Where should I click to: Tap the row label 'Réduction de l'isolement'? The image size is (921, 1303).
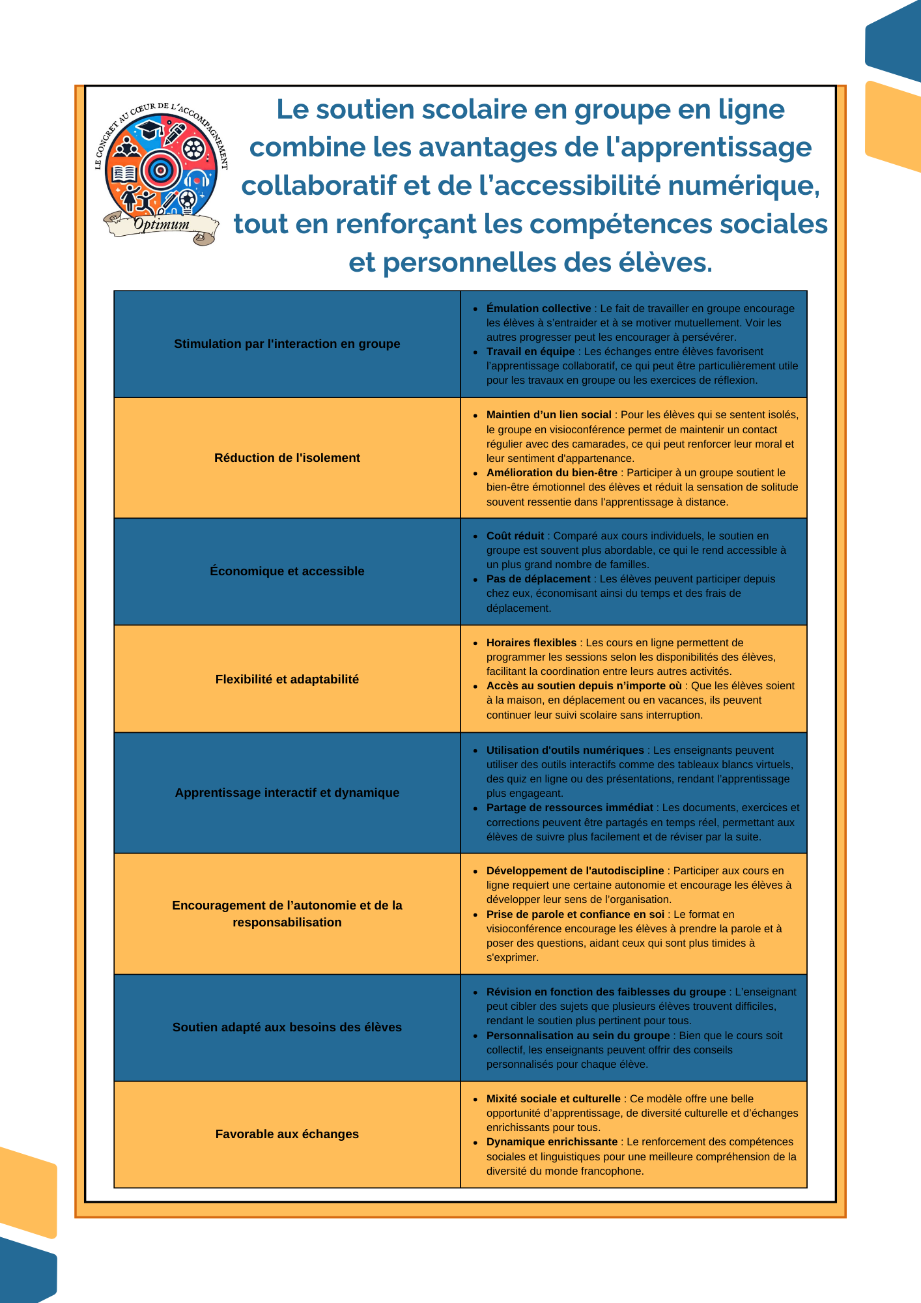[287, 458]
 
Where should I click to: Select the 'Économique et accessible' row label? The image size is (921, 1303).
[287, 571]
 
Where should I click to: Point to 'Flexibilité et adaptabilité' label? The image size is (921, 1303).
[287, 680]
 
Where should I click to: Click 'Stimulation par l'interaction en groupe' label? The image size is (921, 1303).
[287, 344]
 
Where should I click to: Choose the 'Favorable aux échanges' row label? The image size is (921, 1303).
[287, 1134]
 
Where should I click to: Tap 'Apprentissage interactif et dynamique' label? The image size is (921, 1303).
[287, 793]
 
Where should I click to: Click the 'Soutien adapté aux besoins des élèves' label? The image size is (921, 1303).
[287, 1027]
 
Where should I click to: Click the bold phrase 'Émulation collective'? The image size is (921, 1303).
[538, 309]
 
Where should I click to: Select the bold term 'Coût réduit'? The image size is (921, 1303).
[515, 536]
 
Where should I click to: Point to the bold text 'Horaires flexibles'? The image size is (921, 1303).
[531, 643]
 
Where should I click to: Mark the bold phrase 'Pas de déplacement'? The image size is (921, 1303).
[538, 579]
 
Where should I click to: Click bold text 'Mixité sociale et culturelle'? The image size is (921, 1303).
[553, 1099]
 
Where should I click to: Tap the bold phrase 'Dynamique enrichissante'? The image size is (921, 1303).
[552, 1142]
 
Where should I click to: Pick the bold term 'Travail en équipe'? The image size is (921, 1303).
[530, 352]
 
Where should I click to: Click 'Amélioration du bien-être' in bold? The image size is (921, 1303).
[551, 473]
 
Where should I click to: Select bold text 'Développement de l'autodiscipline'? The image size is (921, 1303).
[574, 871]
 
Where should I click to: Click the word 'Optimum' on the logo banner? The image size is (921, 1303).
[162, 225]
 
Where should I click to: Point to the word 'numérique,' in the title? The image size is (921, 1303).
[744, 186]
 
